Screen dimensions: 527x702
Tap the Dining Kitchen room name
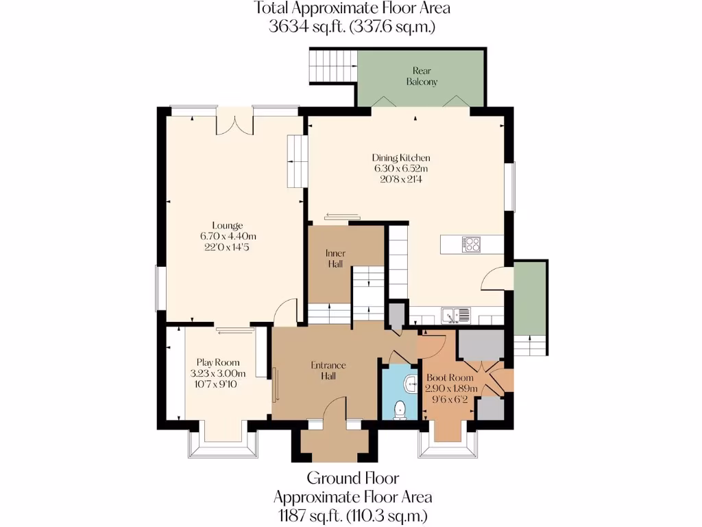pyautogui.click(x=401, y=158)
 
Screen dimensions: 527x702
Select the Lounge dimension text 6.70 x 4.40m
pyautogui.click(x=228, y=237)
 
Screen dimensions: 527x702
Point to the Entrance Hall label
pyautogui.click(x=328, y=370)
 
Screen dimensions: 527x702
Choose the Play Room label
pyautogui.click(x=217, y=362)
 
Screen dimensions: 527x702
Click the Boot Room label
pyautogui.click(x=450, y=378)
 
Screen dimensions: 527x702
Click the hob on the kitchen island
pyautogui.click(x=472, y=244)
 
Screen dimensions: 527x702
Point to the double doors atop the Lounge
pyautogui.click(x=234, y=123)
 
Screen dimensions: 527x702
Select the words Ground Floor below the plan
pyautogui.click(x=352, y=478)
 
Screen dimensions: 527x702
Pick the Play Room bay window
pyautogui.click(x=223, y=444)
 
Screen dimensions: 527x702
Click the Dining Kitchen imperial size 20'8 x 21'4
pyautogui.click(x=401, y=179)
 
